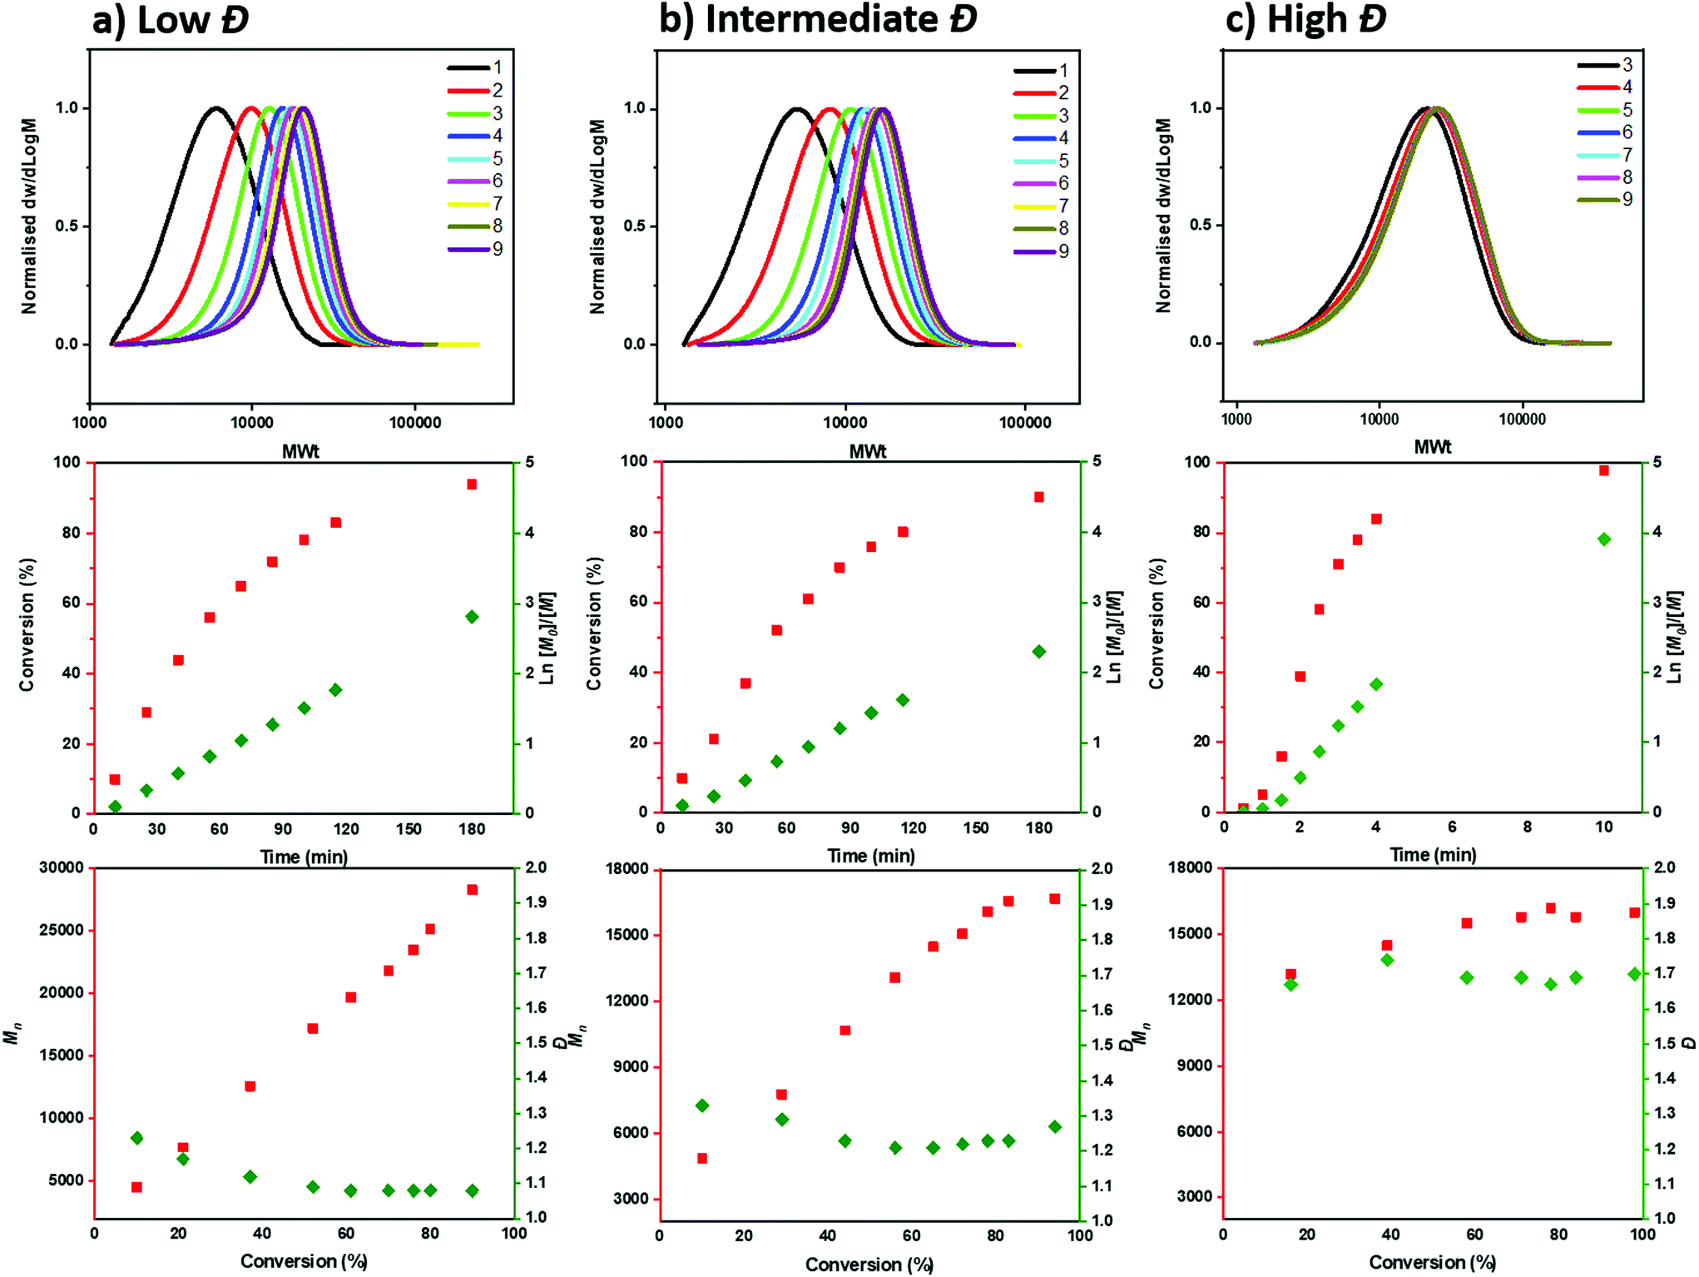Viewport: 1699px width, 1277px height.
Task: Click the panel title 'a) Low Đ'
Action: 171,20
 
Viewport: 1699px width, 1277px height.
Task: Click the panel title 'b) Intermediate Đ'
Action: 818,20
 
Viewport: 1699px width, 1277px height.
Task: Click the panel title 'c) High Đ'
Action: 1305,20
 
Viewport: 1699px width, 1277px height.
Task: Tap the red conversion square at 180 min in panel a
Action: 472,484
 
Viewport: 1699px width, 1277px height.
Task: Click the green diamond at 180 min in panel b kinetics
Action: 1039,652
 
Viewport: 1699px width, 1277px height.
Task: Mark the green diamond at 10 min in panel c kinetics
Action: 1604,539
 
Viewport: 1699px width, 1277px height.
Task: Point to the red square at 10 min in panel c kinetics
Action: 1604,471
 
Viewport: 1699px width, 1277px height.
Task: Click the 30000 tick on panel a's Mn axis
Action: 62,867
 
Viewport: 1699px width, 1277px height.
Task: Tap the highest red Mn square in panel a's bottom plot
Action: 473,890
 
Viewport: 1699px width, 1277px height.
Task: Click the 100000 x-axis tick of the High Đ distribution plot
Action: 1522,420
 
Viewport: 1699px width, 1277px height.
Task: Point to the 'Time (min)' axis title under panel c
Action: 1433,855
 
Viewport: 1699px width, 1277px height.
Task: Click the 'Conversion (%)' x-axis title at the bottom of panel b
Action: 869,1265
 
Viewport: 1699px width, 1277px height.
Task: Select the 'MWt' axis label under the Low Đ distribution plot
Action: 300,451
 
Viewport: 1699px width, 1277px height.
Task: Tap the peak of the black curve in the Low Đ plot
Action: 216,107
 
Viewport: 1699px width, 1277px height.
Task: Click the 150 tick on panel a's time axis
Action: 409,829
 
